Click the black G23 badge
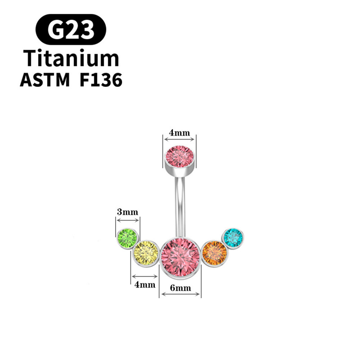[71, 29]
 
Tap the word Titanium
[71, 58]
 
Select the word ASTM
[45, 81]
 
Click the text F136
[100, 81]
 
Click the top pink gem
[180, 156]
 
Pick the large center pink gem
[180, 254]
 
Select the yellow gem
[146, 253]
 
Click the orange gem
[215, 252]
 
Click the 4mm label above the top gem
[180, 133]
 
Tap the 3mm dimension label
[127, 211]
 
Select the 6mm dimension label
[180, 288]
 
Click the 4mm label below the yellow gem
[145, 284]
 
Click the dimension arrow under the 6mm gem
[180, 294]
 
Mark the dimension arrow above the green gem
[128, 220]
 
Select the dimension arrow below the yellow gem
[145, 276]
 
